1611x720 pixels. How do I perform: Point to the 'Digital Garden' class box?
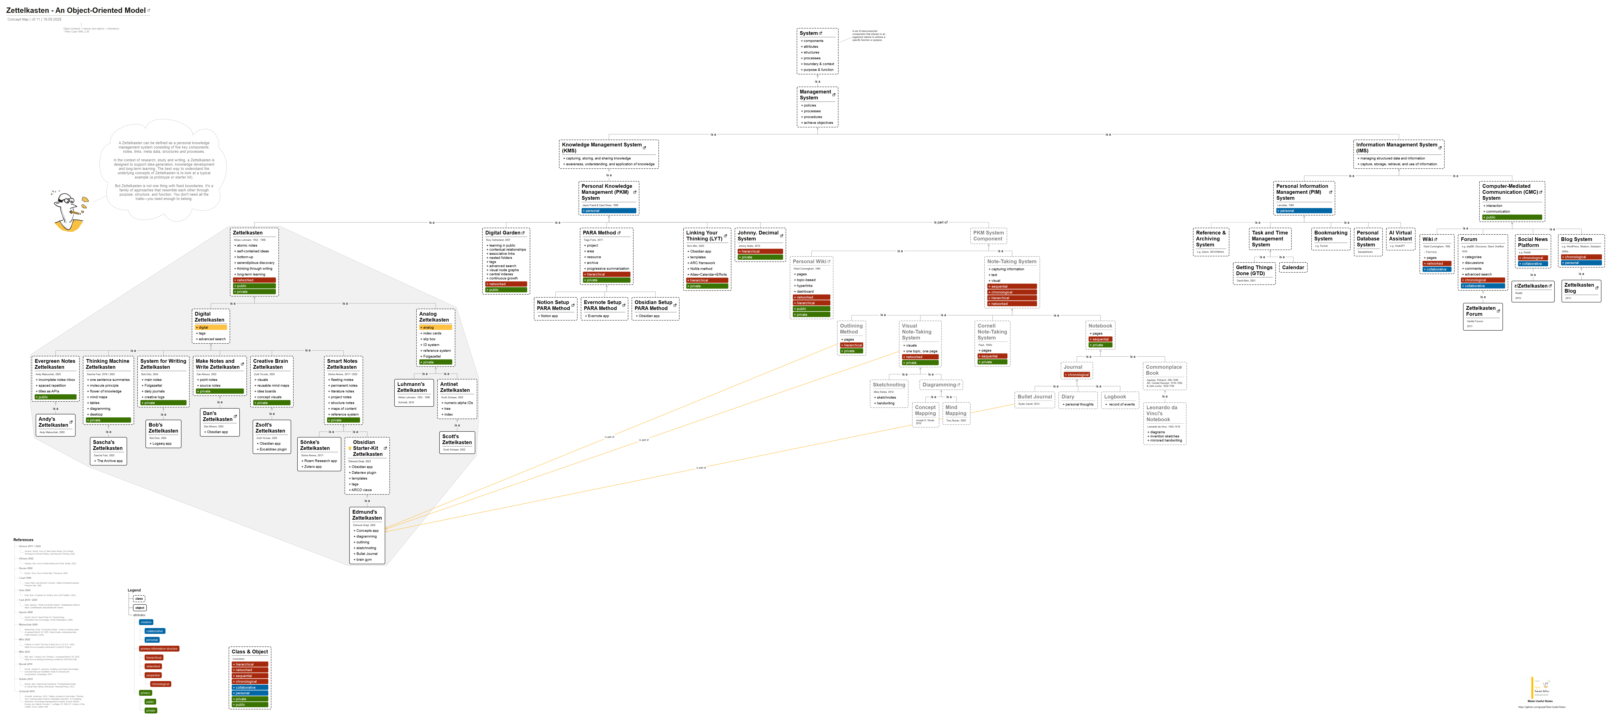click(506, 261)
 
